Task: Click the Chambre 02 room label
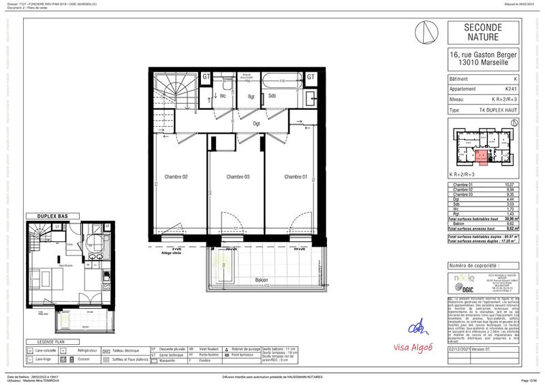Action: [x=175, y=177]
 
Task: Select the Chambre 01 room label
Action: [x=295, y=177]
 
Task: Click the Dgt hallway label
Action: [x=257, y=123]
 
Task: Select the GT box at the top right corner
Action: [x=311, y=77]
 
